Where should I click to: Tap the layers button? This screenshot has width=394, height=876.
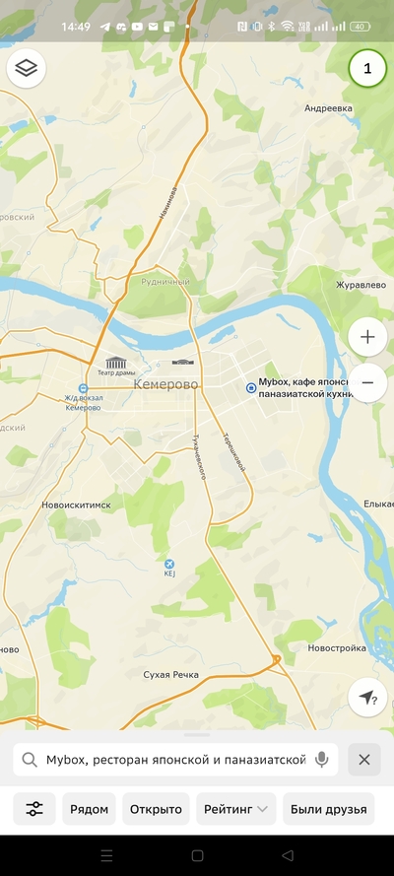[x=28, y=68]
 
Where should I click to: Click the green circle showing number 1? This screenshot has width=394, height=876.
[x=367, y=68]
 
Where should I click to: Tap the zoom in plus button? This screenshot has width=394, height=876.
[x=367, y=337]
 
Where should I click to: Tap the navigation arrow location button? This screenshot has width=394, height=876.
[x=367, y=698]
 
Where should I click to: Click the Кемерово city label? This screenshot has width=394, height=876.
[x=164, y=383]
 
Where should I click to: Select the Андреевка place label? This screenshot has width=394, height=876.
[x=328, y=108]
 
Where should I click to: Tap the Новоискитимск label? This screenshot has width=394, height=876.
[x=77, y=504]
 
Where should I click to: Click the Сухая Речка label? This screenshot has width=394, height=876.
[x=170, y=675]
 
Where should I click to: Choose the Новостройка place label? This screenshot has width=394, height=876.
[x=336, y=648]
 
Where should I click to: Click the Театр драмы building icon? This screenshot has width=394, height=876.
[x=116, y=363]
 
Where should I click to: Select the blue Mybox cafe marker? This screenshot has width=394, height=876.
[x=250, y=388]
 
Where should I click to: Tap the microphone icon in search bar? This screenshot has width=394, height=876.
[x=321, y=760]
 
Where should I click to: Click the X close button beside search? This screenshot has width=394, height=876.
[x=364, y=760]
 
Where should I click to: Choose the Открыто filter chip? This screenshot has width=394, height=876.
[x=156, y=809]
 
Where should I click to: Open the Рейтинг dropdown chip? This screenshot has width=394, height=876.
[x=235, y=809]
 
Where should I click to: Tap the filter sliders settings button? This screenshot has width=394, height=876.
[x=34, y=809]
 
